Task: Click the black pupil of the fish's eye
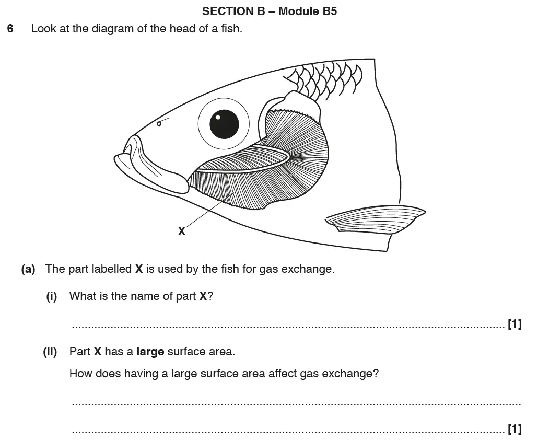[224, 124]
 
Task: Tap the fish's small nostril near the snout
[159, 123]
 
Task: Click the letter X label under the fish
[181, 230]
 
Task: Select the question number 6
[10, 29]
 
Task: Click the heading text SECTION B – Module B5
[269, 11]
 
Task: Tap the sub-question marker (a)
[28, 269]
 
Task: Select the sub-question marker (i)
[52, 296]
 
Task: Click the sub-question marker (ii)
[50, 352]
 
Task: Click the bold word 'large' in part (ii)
[150, 352]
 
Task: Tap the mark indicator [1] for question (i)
[514, 324]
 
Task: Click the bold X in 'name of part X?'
[203, 296]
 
